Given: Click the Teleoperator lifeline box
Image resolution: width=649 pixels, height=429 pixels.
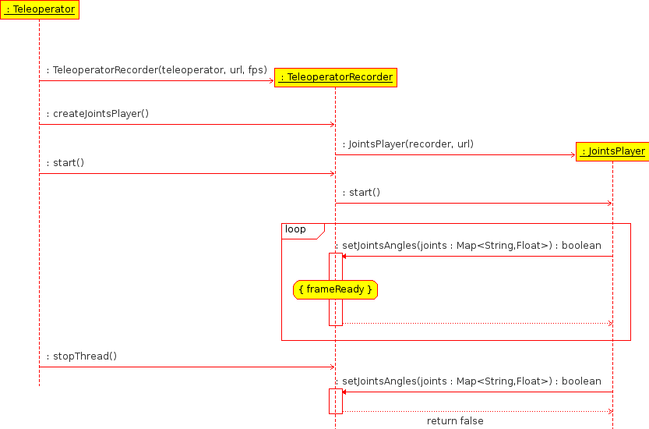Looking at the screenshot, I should (40, 9).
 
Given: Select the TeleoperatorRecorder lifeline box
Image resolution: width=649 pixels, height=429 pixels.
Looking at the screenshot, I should (336, 77).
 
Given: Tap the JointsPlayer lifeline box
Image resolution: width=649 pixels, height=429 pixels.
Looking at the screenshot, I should (612, 151).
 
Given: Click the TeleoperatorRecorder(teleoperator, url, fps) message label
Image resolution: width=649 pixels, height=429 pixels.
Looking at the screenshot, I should (157, 70).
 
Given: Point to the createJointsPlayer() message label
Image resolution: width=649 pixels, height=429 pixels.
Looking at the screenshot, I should (97, 114).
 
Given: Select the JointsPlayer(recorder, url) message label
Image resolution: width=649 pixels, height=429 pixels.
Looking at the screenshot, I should (407, 144).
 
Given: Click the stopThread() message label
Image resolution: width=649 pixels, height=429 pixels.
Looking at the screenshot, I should (82, 356).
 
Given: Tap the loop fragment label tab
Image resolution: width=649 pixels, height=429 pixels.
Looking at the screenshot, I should (296, 229).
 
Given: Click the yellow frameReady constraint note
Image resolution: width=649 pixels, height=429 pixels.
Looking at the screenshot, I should (336, 290).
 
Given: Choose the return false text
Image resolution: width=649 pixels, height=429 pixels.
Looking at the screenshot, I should (455, 421).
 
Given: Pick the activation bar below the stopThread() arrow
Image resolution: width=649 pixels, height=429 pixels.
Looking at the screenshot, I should (335, 401).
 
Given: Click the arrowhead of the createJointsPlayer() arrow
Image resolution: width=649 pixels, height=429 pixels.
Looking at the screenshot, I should (332, 125).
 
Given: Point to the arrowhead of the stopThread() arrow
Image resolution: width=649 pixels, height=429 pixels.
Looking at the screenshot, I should (332, 367).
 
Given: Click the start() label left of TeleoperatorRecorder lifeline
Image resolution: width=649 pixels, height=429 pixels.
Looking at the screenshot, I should (65, 163).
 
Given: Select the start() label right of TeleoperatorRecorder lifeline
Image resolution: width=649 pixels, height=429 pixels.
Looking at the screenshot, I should (362, 193).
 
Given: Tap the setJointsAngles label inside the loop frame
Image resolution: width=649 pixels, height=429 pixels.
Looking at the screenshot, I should (471, 246).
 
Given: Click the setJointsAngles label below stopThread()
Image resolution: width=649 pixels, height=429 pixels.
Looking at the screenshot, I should (471, 381).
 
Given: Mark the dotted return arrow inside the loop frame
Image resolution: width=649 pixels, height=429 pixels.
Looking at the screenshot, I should (475, 323).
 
